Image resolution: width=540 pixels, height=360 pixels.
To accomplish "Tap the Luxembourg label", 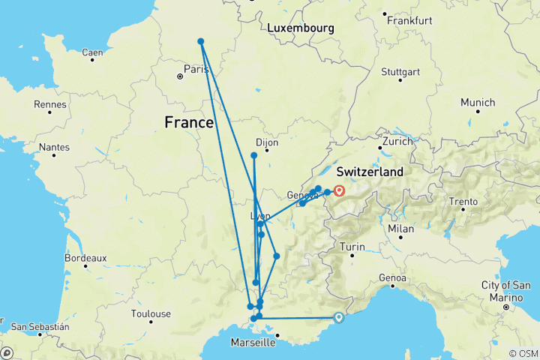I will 300,28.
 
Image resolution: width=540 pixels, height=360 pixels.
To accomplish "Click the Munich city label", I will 478,102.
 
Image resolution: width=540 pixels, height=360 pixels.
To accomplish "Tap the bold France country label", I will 192,121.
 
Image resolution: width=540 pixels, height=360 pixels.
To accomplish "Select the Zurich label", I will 397,141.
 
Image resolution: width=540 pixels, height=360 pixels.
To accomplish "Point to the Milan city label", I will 401,228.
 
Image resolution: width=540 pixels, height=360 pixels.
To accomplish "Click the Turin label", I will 352,247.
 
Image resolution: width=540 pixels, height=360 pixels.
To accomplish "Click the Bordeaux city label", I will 85,257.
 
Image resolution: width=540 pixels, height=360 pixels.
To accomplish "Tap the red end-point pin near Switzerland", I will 339,190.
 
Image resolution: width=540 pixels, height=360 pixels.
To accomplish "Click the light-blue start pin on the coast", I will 339,317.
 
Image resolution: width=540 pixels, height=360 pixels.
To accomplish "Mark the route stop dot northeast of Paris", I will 201,41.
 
